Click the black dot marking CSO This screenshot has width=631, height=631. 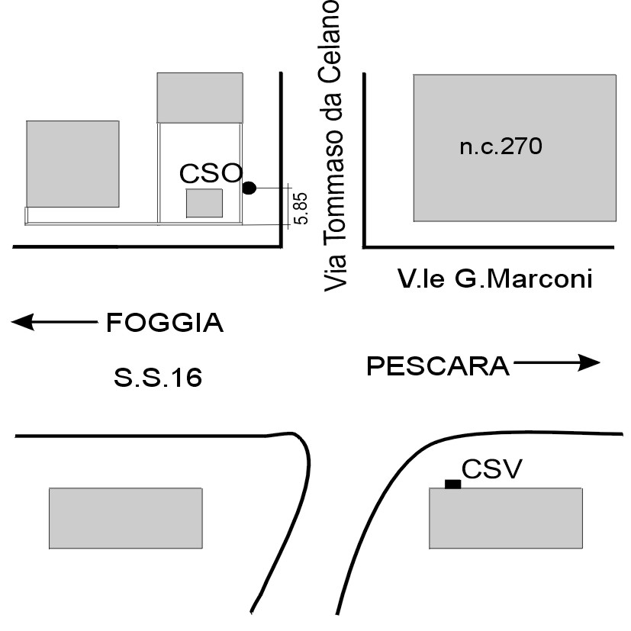(249, 188)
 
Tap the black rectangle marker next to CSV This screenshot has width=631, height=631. (453, 484)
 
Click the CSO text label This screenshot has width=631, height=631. (211, 173)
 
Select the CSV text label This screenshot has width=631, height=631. (492, 468)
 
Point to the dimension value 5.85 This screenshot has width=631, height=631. (301, 208)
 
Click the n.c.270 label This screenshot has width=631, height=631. (501, 146)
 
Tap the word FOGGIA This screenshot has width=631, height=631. (164, 324)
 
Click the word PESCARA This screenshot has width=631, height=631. (438, 366)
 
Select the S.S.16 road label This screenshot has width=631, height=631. (158, 377)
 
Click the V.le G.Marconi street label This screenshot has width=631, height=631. (494, 278)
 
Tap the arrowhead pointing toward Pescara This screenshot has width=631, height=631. (589, 363)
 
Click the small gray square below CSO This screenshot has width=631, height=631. (204, 204)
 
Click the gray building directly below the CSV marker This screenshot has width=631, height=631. (505, 519)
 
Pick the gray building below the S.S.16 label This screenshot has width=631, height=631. (126, 519)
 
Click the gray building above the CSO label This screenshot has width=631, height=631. (200, 97)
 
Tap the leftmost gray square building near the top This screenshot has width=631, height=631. (72, 163)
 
